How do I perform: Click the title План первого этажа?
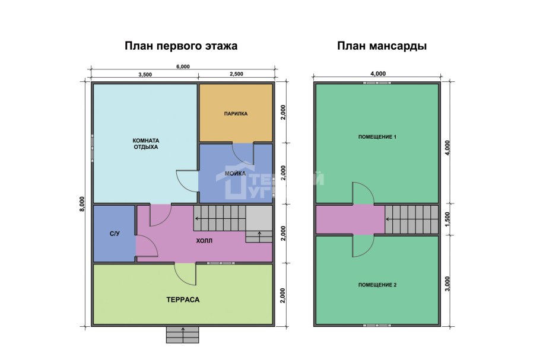(181, 46)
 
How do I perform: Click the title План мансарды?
(382, 46)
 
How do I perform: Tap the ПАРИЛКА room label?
(236, 113)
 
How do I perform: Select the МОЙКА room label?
(235, 173)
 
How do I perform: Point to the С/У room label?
(115, 234)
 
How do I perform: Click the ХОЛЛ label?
(204, 241)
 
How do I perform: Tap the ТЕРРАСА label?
(183, 300)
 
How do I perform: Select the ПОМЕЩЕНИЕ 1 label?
(377, 137)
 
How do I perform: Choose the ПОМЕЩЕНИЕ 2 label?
(377, 285)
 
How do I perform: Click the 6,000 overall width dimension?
(183, 66)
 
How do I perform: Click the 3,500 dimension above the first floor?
(145, 75)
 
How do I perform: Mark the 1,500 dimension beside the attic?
(447, 219)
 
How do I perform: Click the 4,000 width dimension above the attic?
(378, 74)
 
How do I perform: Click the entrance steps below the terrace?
(183, 335)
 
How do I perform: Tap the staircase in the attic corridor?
(411, 219)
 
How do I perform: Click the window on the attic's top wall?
(378, 83)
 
